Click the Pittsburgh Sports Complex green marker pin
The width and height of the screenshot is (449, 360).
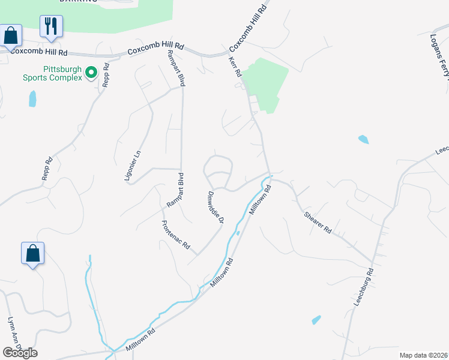91,73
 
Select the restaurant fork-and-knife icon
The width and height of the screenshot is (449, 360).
50,26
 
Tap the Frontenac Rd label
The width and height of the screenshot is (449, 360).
176,235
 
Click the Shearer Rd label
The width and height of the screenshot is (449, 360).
318,221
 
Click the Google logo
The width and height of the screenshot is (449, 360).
20,353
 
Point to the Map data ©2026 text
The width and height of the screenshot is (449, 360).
424,355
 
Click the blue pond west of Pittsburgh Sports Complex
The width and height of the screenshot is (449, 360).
32,98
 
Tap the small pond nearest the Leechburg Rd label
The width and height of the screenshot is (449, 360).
316,320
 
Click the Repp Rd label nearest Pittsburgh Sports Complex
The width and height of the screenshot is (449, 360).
106,76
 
